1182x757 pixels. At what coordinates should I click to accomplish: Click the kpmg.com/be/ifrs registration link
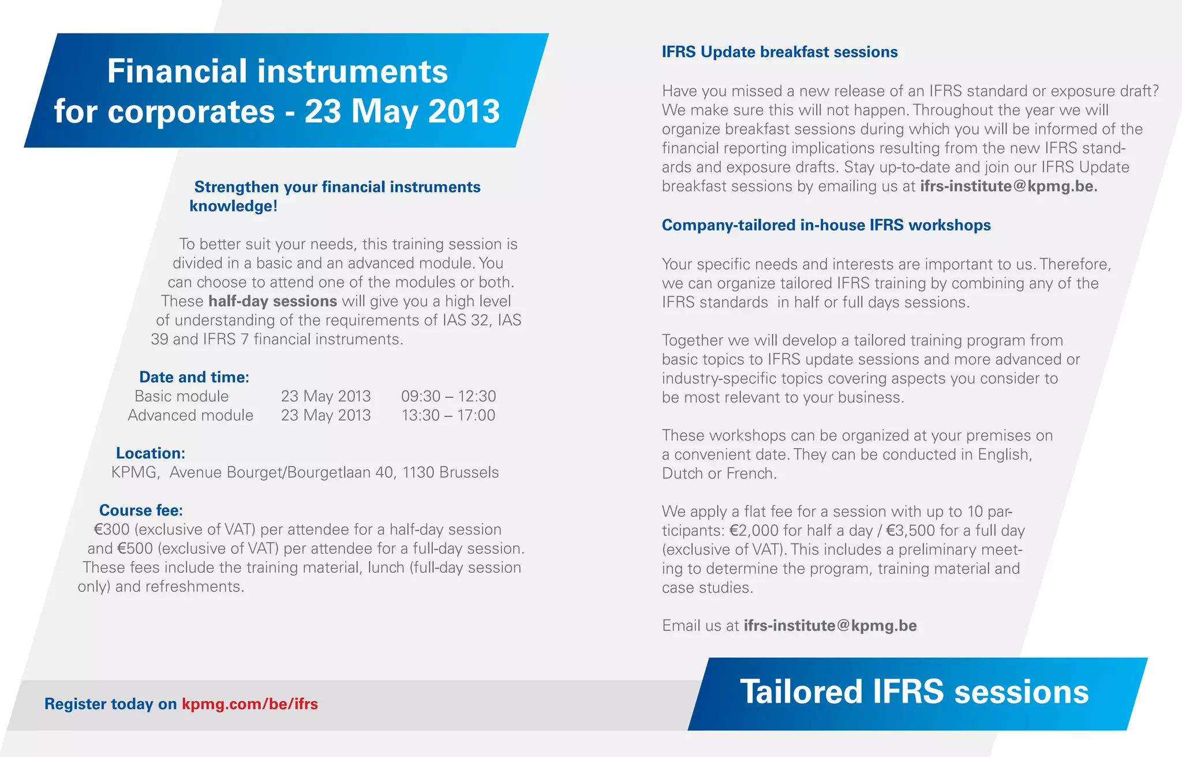pos(249,704)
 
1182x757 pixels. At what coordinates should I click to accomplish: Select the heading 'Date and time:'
pos(194,377)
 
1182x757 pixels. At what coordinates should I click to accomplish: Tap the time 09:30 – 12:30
pos(448,396)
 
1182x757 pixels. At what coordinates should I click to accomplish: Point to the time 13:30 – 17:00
pos(448,415)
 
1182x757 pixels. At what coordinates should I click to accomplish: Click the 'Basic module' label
pos(181,396)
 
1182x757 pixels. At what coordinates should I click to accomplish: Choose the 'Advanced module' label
pos(190,415)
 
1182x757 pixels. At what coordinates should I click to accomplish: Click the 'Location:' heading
pos(151,453)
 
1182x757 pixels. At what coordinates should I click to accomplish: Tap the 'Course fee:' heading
pos(141,510)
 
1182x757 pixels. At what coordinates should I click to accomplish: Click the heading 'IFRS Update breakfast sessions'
pos(779,52)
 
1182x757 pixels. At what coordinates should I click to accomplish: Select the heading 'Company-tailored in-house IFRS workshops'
pos(826,225)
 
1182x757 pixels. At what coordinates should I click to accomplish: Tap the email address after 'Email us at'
pos(830,626)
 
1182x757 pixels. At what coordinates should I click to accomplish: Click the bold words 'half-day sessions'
pos(272,301)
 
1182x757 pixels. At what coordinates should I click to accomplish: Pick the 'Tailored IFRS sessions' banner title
pos(914,692)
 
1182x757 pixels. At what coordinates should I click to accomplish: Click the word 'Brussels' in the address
pos(469,472)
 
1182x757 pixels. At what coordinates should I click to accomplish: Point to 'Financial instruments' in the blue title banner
pos(277,72)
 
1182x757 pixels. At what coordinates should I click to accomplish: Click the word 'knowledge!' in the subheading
pos(233,206)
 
